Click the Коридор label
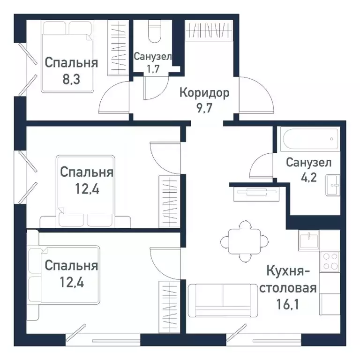[204, 93]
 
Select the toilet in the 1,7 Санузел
[154, 31]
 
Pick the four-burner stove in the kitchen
[330, 261]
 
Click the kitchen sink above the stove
[309, 240]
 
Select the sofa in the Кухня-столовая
[223, 300]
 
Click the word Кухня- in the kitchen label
[288, 271]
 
